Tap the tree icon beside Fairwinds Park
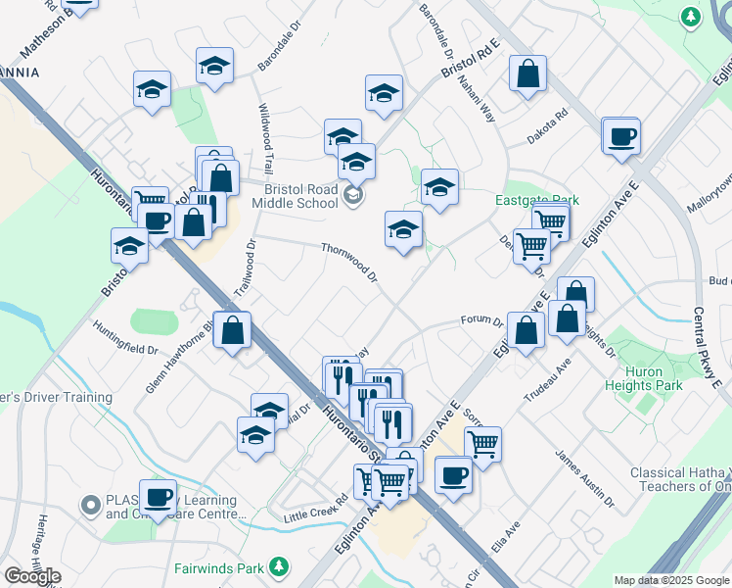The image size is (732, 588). pyautogui.click(x=279, y=566)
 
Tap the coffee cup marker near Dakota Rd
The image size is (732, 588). pyautogui.click(x=620, y=136)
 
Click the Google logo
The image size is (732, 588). pyautogui.click(x=32, y=576)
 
